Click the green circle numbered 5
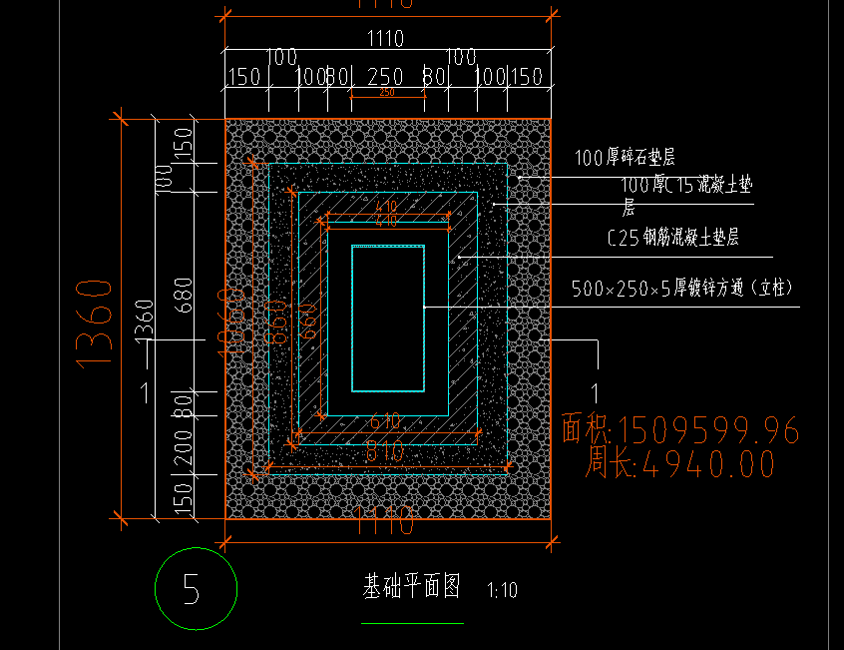[197, 589]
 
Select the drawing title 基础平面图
[411, 586]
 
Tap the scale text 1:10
[502, 590]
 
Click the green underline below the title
[412, 623]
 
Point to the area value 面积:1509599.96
[680, 430]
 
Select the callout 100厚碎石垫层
[626, 157]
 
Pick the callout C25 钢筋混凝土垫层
[672, 238]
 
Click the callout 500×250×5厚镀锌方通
[682, 289]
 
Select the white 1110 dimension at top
[385, 39]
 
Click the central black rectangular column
[388, 319]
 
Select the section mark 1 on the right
[596, 392]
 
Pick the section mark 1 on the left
[146, 392]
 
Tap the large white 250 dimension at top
[385, 77]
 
